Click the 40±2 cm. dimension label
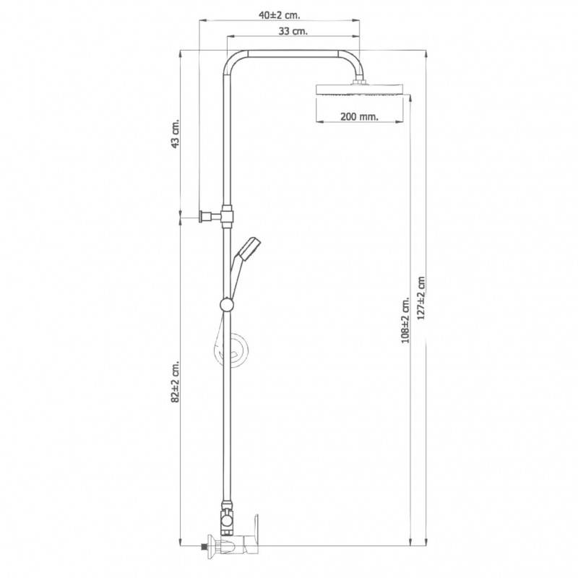[279, 15]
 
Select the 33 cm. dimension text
[293, 31]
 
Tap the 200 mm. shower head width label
[359, 116]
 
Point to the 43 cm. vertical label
[176, 133]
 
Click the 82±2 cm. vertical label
[176, 381]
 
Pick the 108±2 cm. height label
[405, 320]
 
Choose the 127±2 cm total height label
[421, 298]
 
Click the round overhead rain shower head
[359, 90]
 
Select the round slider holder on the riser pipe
[227, 305]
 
